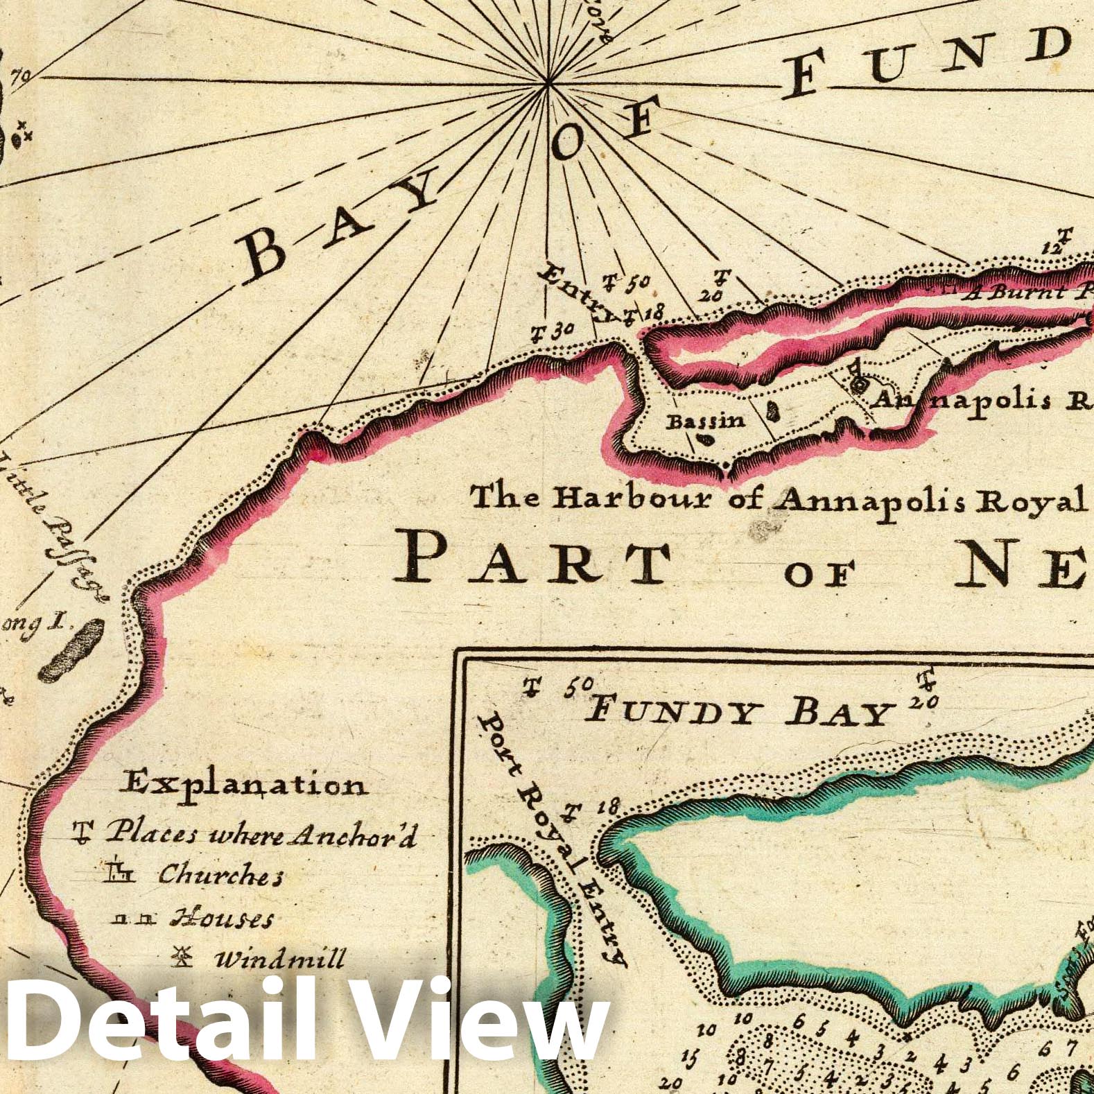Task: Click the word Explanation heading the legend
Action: click(243, 785)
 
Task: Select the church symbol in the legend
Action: click(120, 872)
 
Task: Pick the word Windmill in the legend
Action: click(279, 960)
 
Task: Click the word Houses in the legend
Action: click(222, 919)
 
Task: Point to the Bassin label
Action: click(705, 421)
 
